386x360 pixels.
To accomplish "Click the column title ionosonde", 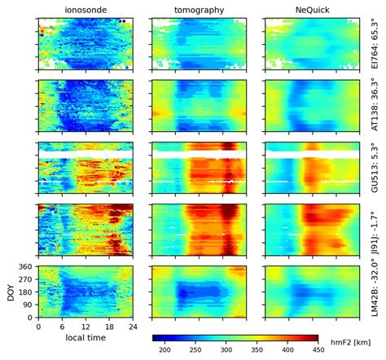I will click(86, 8).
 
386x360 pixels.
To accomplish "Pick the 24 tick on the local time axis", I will click(133, 327).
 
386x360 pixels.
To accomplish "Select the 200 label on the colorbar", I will click(164, 349).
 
